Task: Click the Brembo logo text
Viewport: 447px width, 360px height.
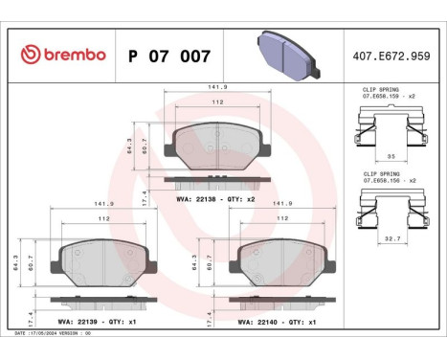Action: click(61, 55)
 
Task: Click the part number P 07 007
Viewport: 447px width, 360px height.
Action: click(167, 56)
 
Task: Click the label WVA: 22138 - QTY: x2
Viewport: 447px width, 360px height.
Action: click(215, 198)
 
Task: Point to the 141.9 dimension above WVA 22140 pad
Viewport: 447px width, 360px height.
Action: click(282, 202)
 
